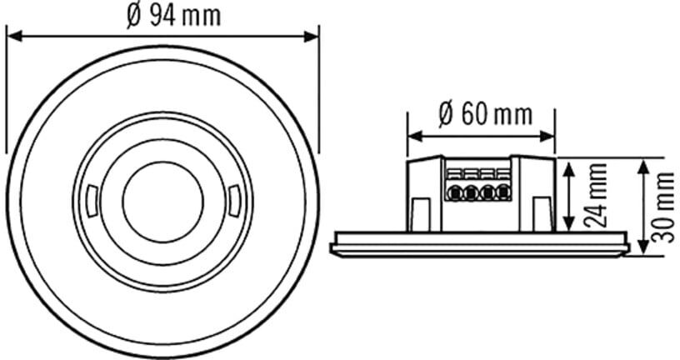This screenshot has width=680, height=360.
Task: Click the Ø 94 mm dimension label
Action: tap(174, 16)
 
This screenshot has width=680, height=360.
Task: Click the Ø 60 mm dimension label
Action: tap(485, 114)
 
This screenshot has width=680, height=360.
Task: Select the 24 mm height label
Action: tap(596, 195)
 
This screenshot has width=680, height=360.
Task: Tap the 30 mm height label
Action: tap(664, 207)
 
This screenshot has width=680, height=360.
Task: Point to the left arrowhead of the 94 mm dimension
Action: tap(14, 37)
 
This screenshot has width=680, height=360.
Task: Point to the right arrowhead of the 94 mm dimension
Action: tap(312, 37)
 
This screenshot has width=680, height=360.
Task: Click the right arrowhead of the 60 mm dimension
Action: tap(547, 137)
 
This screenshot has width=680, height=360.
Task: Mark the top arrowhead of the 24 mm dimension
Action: tap(568, 167)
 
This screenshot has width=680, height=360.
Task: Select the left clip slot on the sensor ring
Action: tap(92, 201)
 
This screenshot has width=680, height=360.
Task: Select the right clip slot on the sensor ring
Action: tap(233, 201)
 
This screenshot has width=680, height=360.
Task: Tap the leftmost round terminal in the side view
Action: tap(453, 192)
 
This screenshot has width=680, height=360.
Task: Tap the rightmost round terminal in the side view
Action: tap(503, 192)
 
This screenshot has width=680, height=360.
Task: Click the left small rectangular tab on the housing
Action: tap(420, 214)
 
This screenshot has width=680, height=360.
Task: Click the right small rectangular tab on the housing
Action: tap(542, 214)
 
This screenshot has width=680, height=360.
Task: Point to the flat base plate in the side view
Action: tap(480, 244)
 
